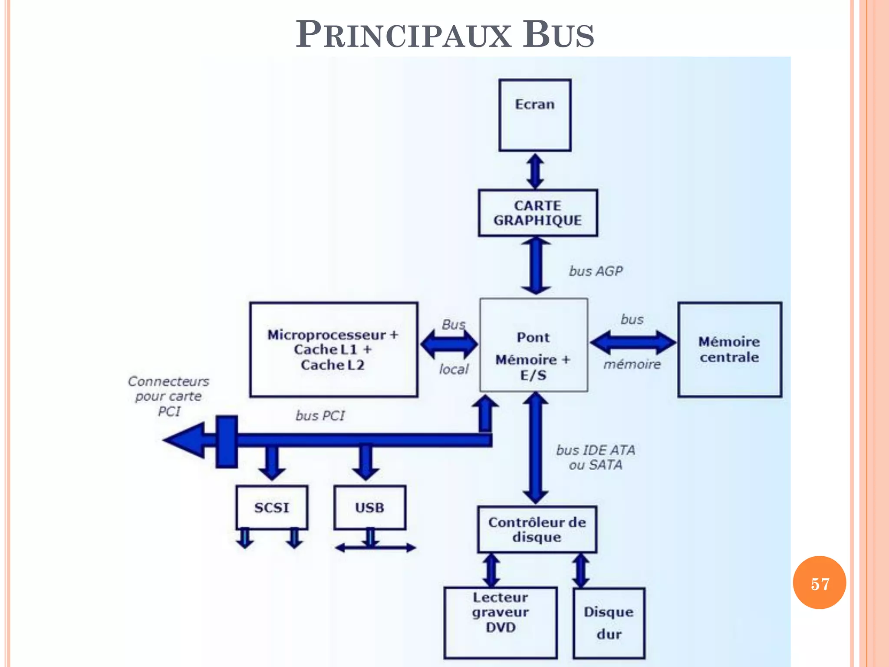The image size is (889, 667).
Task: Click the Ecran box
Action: (535, 115)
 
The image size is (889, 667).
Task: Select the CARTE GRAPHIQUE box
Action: (538, 213)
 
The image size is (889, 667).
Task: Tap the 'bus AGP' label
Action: (596, 271)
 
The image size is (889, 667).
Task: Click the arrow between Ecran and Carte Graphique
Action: (535, 171)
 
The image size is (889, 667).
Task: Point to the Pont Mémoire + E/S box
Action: (533, 345)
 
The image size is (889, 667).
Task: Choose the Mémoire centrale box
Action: (730, 350)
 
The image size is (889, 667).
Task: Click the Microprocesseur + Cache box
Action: (333, 350)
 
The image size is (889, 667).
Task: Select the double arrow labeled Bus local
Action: (449, 344)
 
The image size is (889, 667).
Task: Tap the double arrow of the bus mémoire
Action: (633, 342)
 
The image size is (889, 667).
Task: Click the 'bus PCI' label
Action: (320, 416)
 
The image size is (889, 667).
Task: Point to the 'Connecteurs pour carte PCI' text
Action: (168, 396)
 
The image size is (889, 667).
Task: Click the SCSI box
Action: (272, 507)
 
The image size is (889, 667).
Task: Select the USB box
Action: (370, 507)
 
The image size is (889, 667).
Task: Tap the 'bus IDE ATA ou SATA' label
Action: (596, 457)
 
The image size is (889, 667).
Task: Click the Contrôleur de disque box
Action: (537, 529)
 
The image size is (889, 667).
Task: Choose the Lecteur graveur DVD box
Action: (500, 622)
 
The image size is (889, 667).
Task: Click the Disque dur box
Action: (609, 623)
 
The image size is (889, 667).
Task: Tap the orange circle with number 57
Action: (819, 582)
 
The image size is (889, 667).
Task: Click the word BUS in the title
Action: (558, 35)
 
